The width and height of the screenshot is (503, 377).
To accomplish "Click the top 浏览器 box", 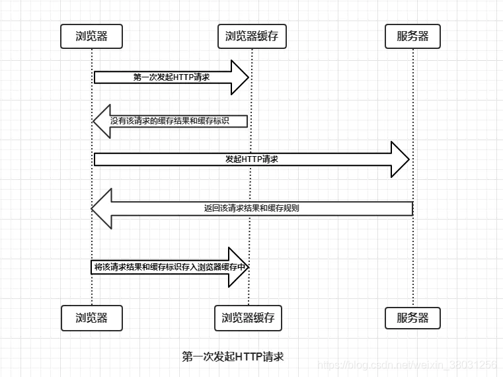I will click(x=92, y=36).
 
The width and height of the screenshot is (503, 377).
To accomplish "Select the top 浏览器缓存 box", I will click(x=252, y=36).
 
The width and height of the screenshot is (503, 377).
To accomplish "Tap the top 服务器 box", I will click(x=412, y=36).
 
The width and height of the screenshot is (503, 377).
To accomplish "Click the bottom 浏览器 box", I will click(x=92, y=317).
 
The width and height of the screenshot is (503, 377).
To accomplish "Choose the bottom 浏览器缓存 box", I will click(x=249, y=317).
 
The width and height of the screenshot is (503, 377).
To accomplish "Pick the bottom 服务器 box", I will click(x=412, y=317).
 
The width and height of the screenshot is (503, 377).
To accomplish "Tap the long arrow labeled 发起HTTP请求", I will click(x=251, y=159).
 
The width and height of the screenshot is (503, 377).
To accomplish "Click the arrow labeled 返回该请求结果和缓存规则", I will click(x=251, y=208).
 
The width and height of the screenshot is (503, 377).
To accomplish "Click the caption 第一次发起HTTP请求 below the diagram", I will click(x=233, y=356).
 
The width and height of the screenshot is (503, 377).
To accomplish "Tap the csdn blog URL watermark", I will click(x=407, y=365).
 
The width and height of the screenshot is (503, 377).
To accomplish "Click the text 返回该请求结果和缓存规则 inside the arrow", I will click(x=251, y=208).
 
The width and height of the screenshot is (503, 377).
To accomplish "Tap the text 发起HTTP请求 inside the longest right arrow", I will click(x=251, y=159).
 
